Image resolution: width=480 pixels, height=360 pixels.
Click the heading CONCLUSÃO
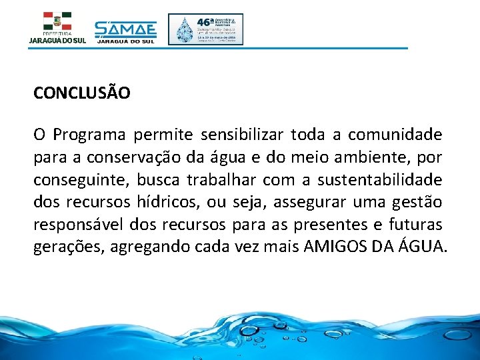(x=82, y=93)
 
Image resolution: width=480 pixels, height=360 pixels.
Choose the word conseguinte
(x=82, y=181)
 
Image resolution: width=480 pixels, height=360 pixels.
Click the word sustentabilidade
(x=379, y=180)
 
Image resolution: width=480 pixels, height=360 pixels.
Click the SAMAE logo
(x=125, y=31)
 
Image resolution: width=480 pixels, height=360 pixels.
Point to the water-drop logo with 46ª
(x=205, y=29)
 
